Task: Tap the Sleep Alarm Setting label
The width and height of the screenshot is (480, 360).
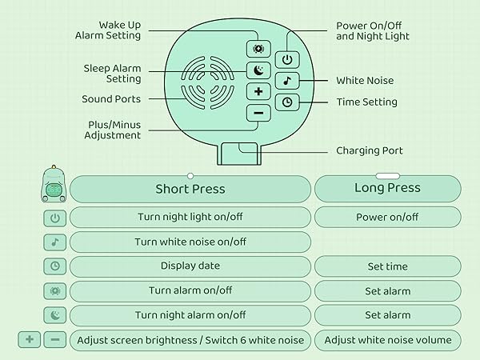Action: coord(112,74)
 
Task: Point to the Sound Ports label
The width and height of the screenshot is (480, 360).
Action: coord(110,99)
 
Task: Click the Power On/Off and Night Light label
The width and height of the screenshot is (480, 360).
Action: coord(373,30)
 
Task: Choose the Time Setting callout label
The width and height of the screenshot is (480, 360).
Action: coord(366,102)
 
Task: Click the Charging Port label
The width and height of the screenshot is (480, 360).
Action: coord(370,150)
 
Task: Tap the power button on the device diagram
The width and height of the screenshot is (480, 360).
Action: coord(287,59)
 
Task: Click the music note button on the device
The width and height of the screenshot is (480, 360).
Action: coord(287,81)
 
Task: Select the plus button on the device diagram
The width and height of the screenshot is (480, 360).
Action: coord(258,91)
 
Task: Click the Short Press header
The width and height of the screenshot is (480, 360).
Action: coord(190,190)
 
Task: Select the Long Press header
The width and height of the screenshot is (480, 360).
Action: coord(387,189)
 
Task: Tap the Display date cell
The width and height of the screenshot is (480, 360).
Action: coord(190,266)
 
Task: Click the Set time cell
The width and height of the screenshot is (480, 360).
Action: coord(387,266)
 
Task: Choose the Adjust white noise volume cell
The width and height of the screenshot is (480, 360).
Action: coord(387,340)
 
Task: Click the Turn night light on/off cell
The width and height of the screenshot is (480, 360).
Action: coord(190,217)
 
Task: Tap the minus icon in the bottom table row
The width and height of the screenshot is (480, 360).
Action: coord(54,340)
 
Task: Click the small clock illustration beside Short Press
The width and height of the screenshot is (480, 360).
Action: coord(54,186)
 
